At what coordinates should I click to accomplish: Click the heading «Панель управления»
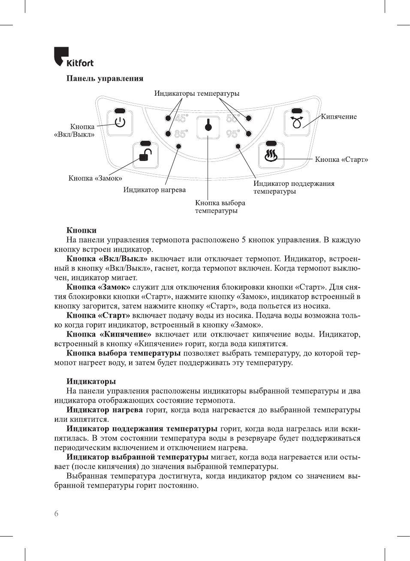pos(105,79)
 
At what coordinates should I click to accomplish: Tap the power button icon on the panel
pos(120,122)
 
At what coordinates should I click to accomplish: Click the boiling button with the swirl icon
pos(297,122)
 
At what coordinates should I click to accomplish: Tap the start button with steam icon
pos(271,155)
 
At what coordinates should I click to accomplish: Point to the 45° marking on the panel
pos(181,118)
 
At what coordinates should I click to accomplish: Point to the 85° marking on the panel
pos(181,134)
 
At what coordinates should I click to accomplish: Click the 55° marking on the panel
pos(232,118)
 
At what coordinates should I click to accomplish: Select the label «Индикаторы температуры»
pos(197,94)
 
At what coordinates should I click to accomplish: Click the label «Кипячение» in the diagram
pos(339,117)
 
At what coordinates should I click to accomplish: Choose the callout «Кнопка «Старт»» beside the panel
pos(341,160)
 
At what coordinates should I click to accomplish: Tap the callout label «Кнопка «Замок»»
pos(95,178)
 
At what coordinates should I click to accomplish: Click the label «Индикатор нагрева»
pos(154,190)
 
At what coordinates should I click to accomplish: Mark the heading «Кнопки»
pos(81,230)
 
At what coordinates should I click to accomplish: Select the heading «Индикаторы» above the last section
pos(91,382)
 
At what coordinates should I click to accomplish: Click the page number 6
pos(56,514)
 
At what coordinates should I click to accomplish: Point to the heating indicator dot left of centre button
pos(179,146)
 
